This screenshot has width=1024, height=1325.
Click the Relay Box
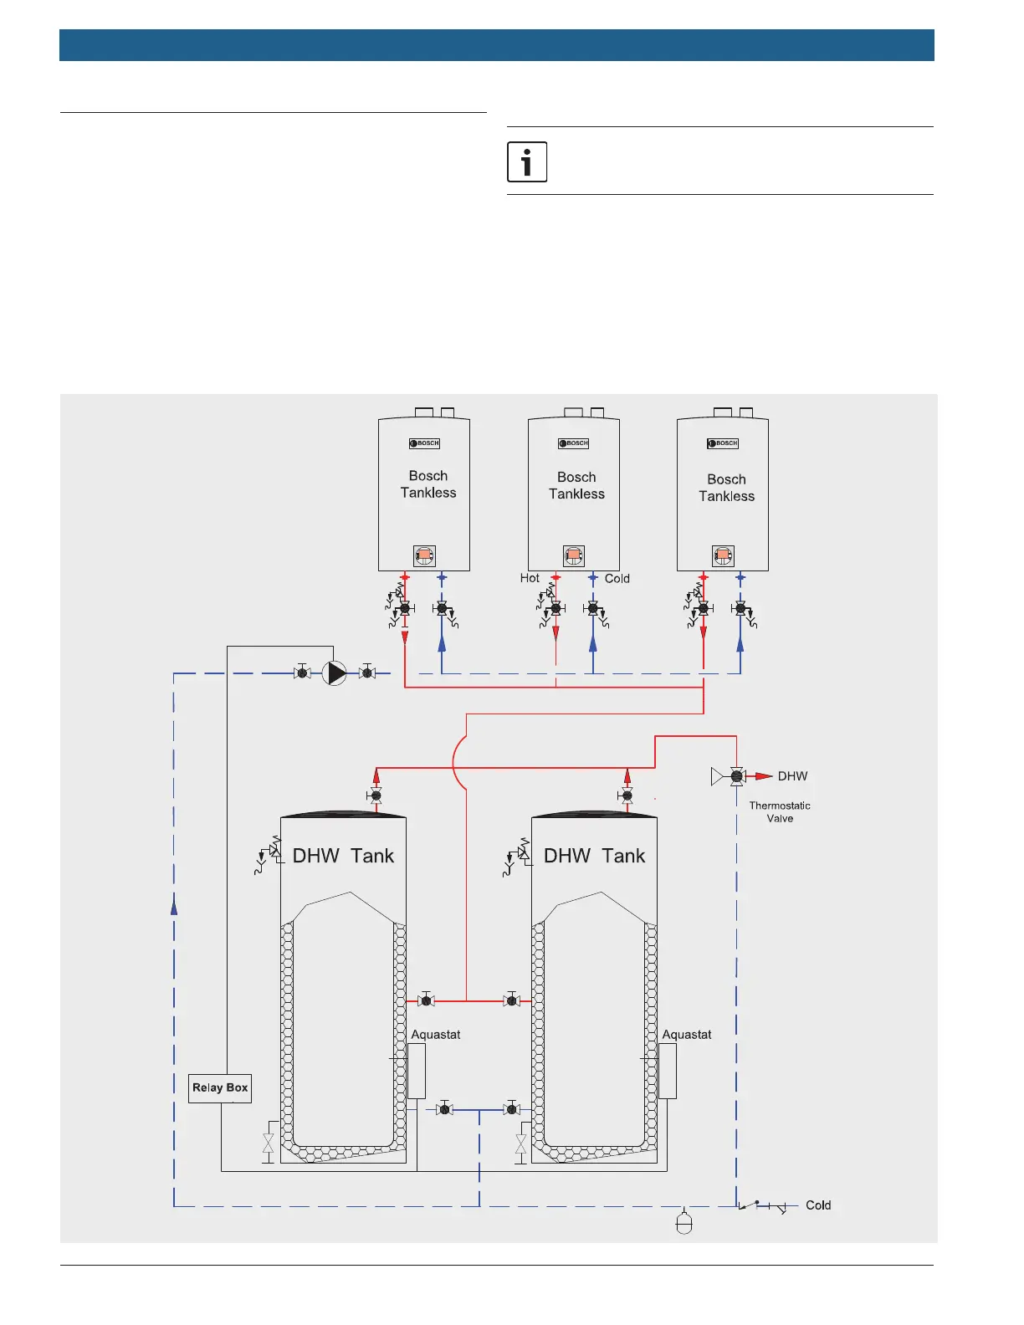220,1088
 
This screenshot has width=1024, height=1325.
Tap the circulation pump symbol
335,673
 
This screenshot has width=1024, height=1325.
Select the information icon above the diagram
527,161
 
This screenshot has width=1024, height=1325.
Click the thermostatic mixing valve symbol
736,776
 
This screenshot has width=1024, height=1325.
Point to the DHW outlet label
792,776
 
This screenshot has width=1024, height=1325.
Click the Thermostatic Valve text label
780,812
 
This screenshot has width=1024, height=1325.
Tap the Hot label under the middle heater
530,578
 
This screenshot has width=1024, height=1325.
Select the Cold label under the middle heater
617,579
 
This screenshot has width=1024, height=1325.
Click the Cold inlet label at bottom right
818,1205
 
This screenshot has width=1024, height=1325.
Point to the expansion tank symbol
684,1224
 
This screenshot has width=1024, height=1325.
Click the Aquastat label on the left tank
436,1035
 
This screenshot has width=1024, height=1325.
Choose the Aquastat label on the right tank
687,1035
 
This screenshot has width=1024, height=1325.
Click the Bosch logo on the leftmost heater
425,443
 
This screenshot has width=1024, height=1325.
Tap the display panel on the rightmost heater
723,555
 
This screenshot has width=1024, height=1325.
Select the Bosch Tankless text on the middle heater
576,485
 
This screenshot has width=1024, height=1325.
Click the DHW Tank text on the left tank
343,856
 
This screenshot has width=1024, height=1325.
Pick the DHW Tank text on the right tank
594,856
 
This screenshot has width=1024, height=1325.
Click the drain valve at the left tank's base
269,1143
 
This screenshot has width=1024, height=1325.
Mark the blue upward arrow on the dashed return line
174,905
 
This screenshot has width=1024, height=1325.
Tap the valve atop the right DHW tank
627,796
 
